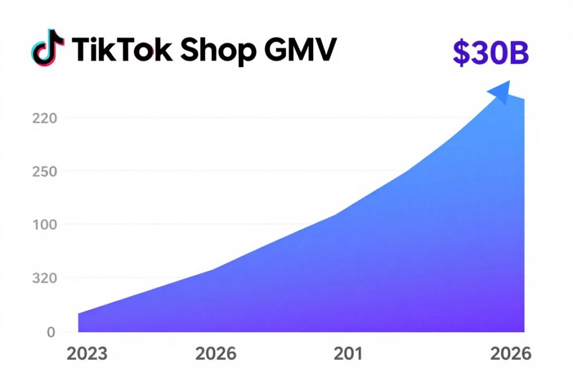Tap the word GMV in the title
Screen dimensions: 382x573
pos(300,50)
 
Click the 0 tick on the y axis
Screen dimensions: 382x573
pos(51,332)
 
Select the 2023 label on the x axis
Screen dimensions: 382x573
pos(87,354)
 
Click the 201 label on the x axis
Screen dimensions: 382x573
pos(348,354)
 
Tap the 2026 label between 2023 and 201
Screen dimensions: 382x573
pos(216,354)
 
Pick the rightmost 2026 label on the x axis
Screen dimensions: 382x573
pos(510,354)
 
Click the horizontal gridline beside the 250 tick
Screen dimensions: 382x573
pos(224,171)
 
